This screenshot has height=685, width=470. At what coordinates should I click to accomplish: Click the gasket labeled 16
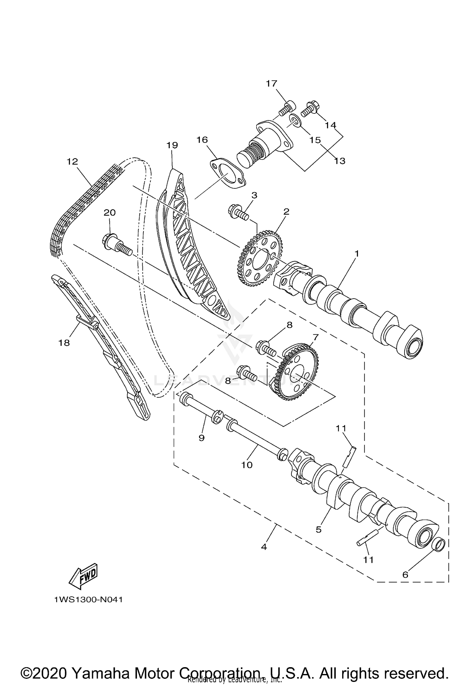[x=227, y=174]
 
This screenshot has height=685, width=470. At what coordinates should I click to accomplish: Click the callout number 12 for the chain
[x=72, y=162]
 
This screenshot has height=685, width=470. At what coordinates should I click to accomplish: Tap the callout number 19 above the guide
[x=172, y=145]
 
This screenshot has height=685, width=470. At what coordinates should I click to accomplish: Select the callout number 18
[x=64, y=343]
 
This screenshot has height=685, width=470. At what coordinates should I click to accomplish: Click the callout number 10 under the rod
[x=247, y=465]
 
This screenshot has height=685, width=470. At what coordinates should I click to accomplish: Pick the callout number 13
[x=340, y=161]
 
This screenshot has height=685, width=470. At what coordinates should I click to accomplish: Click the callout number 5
[x=319, y=529]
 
